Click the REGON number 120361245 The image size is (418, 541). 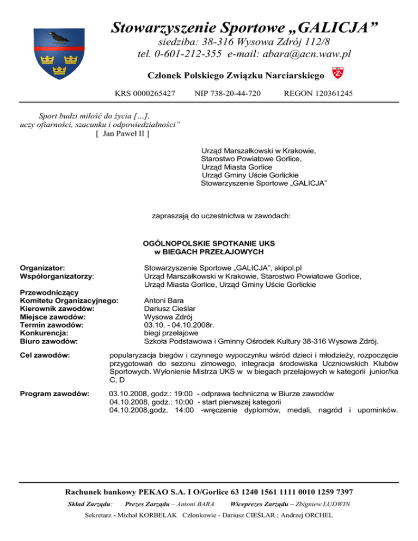pyautogui.click(x=333, y=94)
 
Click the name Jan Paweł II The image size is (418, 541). pyautogui.click(x=122, y=133)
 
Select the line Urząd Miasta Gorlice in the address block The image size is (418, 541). pyautogui.click(x=236, y=167)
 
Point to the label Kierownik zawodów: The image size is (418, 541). pyautogui.click(x=57, y=308)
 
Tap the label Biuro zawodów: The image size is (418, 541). pyautogui.click(x=48, y=341)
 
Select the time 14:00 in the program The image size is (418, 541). pyautogui.click(x=184, y=410)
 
